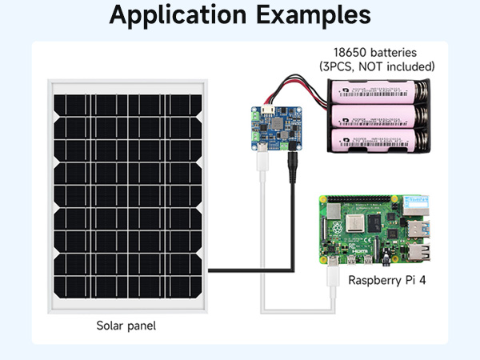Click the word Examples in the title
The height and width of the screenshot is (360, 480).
pyautogui.click(x=315, y=15)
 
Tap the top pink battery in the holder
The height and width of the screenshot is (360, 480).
pyautogui.click(x=377, y=93)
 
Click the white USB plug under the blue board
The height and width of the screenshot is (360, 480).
pyautogui.click(x=262, y=160)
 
